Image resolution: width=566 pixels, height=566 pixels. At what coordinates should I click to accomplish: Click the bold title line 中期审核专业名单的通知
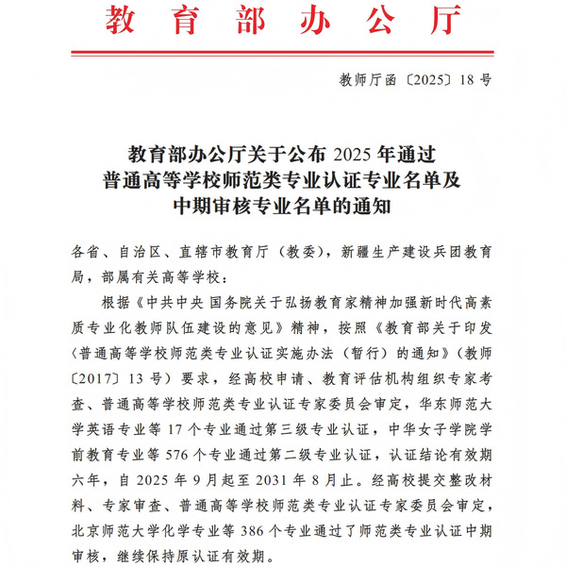[282, 204]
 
